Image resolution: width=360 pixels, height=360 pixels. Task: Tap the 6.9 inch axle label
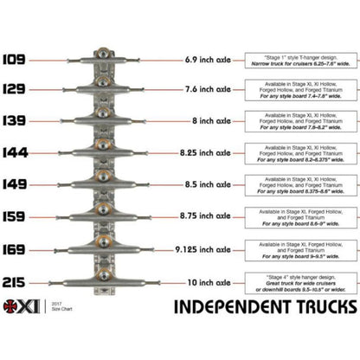[x=207, y=61]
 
